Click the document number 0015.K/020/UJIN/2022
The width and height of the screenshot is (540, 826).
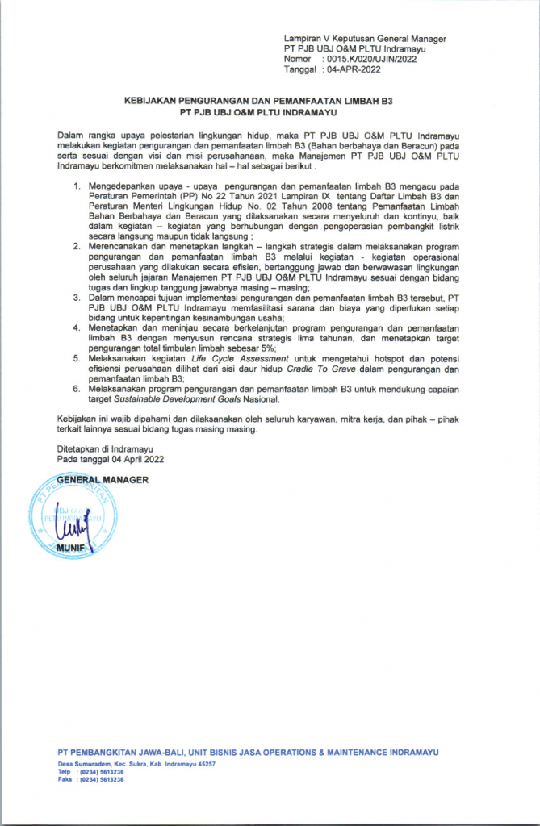[369, 60]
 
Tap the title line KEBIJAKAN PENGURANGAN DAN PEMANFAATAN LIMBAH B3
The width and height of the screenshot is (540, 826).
[269, 103]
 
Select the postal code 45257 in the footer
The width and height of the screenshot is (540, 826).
[203, 764]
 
